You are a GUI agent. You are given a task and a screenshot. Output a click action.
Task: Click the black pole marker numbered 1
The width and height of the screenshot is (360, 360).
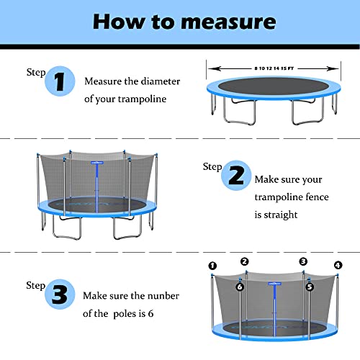coord(212,266)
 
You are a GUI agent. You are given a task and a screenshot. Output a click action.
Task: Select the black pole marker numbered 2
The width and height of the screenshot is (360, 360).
coord(245,261)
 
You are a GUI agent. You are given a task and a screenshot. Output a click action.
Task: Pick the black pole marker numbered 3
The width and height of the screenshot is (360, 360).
coord(302,261)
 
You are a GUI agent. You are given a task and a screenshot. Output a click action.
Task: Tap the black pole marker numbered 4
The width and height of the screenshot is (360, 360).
coord(338,266)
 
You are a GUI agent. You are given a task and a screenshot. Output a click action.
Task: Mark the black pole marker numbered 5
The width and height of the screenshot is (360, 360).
coord(310,286)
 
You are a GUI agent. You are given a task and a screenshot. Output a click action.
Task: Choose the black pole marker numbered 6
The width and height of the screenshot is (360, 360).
coord(240,287)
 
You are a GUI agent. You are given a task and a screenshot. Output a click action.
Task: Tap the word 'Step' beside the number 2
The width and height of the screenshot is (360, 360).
coord(212,166)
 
